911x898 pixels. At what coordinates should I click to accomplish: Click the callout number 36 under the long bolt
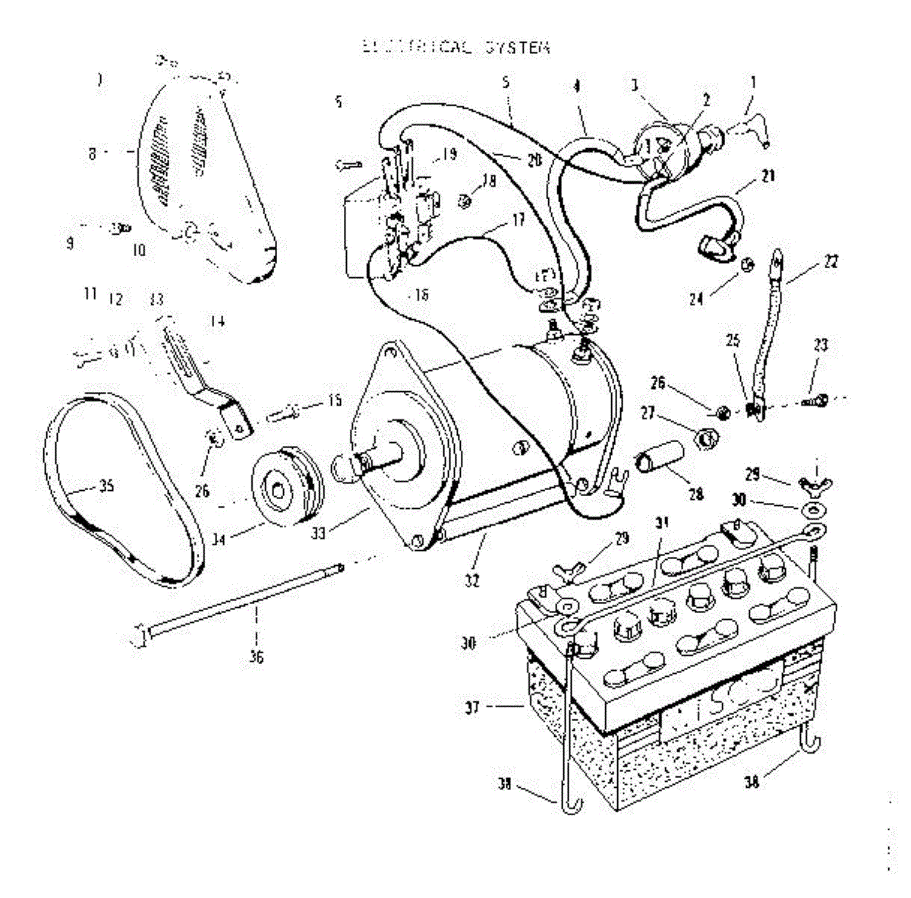click(256, 657)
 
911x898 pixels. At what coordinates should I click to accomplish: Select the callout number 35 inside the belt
click(107, 486)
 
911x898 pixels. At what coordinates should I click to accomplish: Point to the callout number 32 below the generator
click(472, 581)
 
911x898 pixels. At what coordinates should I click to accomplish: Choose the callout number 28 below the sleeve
click(695, 495)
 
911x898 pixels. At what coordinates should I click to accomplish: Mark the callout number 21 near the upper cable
click(769, 176)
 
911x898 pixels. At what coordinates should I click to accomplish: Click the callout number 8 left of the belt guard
click(93, 153)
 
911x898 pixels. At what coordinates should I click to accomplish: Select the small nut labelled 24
click(746, 265)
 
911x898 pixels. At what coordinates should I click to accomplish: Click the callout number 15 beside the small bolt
click(335, 400)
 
